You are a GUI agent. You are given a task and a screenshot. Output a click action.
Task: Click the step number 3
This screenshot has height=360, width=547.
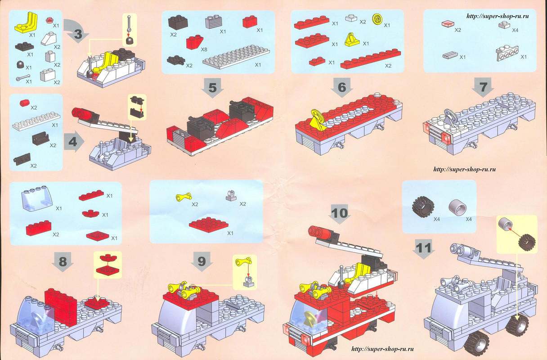coord(78,34)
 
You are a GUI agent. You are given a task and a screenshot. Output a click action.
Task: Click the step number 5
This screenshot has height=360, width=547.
coord(212,88)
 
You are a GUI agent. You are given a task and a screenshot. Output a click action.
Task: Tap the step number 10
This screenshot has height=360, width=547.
coord(340,213)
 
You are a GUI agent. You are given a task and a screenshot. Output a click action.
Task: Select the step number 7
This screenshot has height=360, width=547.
coord(483,87)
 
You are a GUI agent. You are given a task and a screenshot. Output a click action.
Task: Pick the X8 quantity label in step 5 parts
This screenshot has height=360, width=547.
coord(204,49)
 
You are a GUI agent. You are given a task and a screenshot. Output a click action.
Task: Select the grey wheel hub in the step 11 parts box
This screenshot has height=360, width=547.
coord(457,207)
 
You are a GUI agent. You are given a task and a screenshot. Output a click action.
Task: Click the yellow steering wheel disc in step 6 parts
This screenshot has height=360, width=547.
coord(378,18)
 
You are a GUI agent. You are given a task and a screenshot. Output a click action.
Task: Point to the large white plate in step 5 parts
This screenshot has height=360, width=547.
coord(236,57)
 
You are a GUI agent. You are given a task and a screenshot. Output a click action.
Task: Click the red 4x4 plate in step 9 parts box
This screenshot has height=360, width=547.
coord(209,225)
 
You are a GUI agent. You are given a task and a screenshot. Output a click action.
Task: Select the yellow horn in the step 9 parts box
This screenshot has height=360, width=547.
coord(184,196)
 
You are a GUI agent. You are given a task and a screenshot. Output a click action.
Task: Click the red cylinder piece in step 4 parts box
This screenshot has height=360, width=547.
coord(25,103)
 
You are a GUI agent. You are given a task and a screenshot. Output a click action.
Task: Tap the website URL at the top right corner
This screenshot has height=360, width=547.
coord(498,16)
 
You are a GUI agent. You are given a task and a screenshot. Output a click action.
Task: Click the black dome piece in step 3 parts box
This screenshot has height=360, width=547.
coord(21,64)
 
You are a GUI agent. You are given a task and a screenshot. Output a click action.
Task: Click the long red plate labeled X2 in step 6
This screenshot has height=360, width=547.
coord(371,58)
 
